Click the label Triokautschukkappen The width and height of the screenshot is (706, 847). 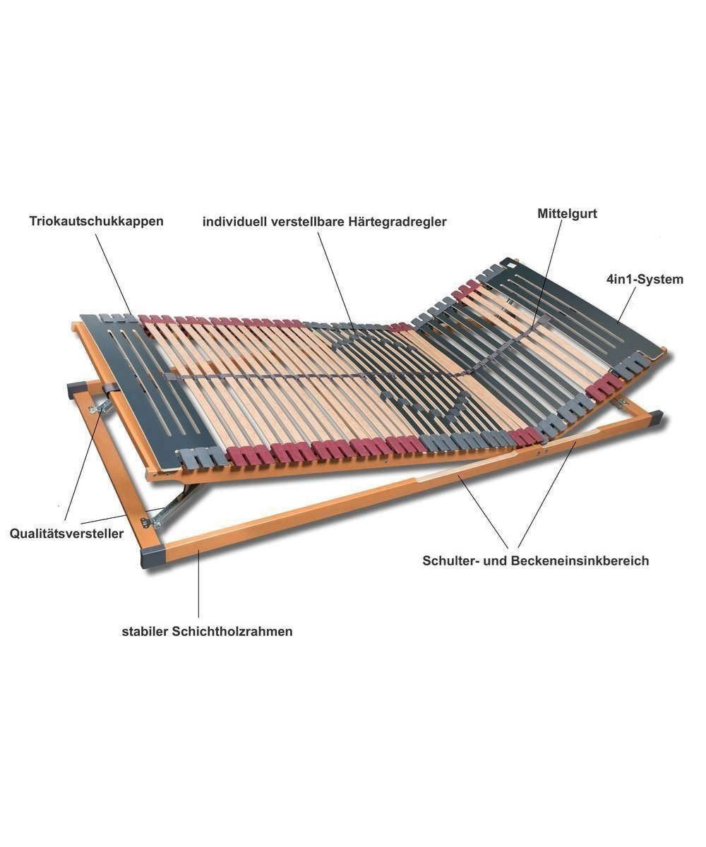point(96,221)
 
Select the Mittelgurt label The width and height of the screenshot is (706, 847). point(567,214)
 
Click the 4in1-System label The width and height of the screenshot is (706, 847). point(645,280)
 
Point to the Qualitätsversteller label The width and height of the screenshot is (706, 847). point(66,534)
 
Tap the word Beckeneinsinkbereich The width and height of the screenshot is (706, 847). point(580,561)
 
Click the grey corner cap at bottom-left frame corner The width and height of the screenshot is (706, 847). point(152,559)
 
